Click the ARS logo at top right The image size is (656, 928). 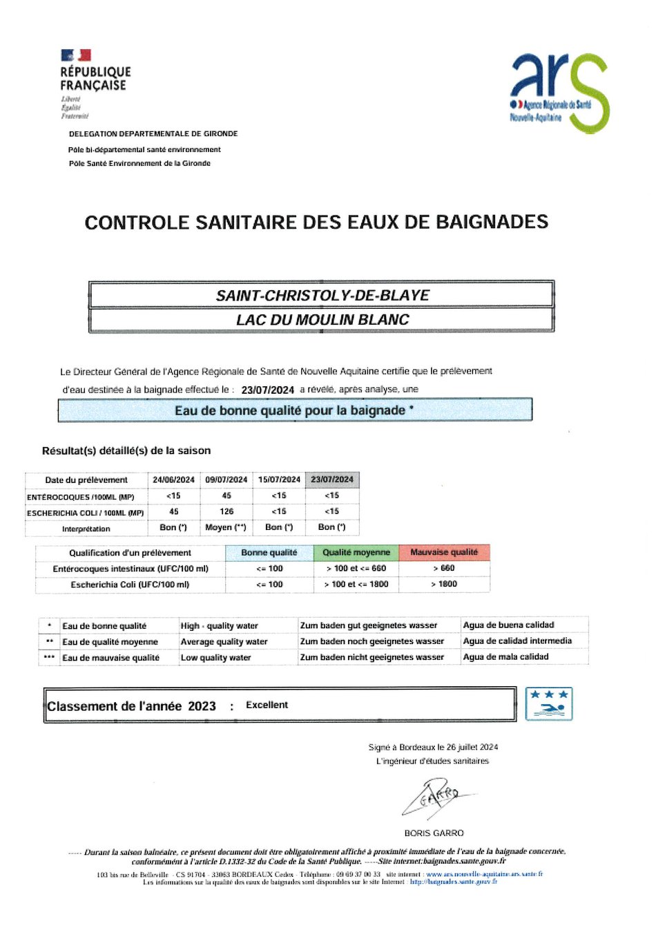pos(559,92)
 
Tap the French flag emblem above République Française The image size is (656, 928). pos(76,55)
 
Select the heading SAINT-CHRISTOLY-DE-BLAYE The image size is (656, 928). pos(322,296)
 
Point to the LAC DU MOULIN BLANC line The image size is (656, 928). pos(322,320)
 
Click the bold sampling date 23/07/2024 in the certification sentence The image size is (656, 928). pos(267,390)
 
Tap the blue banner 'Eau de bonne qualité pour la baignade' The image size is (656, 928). pos(295,410)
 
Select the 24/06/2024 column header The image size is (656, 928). pos(173,480)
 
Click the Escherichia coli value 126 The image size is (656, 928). pos(226,512)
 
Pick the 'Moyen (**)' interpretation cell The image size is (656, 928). pos(226,527)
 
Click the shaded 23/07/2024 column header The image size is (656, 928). pos(332,480)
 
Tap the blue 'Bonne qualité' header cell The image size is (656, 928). pos(269,553)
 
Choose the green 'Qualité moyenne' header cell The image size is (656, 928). pos(356,553)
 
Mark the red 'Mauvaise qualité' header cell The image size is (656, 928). pos(444,553)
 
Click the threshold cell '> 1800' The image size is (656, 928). pos(444,585)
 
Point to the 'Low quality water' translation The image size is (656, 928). pos(215,658)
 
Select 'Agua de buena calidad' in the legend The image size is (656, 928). pos(508,625)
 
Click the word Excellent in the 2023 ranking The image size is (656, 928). pos(267,706)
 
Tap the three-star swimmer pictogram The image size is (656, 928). pos(549,704)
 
